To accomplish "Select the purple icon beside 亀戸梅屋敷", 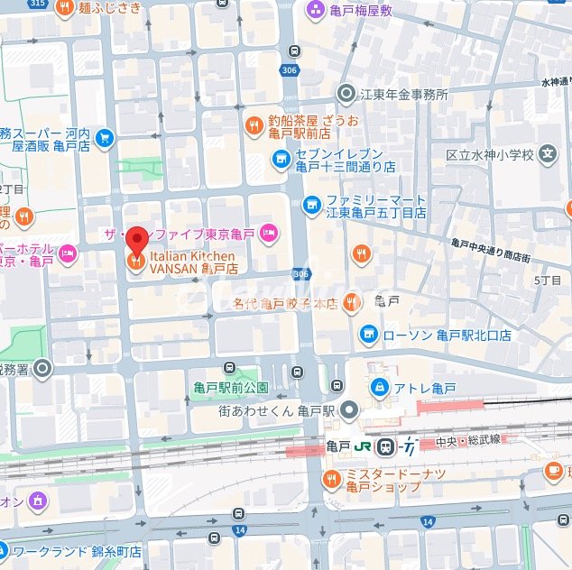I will (315, 10).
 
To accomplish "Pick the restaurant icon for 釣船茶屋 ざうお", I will (254, 125).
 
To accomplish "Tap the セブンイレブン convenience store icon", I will (281, 161).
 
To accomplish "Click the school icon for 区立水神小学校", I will (547, 155).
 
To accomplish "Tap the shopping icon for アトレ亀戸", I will (380, 388).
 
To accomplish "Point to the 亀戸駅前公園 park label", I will (231, 388).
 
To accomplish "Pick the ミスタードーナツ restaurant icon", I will (332, 479).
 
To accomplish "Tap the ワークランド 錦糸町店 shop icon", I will (4, 550).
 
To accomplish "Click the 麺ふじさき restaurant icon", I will (65, 8).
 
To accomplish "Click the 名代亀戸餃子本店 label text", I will (284, 304).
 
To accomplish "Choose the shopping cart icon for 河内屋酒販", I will (105, 138).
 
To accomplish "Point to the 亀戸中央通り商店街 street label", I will (491, 250).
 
